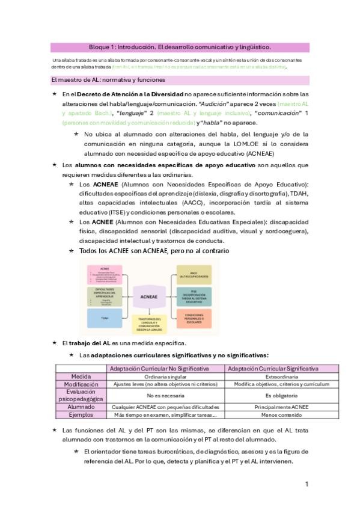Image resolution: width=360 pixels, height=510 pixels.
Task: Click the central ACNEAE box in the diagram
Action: point(149,296)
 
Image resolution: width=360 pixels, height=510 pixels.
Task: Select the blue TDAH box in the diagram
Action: point(105,318)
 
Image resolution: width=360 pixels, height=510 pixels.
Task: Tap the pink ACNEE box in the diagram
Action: point(105,274)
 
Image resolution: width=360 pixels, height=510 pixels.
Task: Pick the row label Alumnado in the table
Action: point(81,407)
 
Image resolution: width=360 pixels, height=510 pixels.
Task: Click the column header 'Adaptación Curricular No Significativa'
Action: point(164,368)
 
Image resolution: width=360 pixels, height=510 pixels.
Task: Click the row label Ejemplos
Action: point(81,415)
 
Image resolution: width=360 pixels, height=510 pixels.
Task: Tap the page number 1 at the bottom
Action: point(307,484)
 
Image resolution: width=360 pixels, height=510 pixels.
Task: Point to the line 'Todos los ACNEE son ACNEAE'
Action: point(154,250)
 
